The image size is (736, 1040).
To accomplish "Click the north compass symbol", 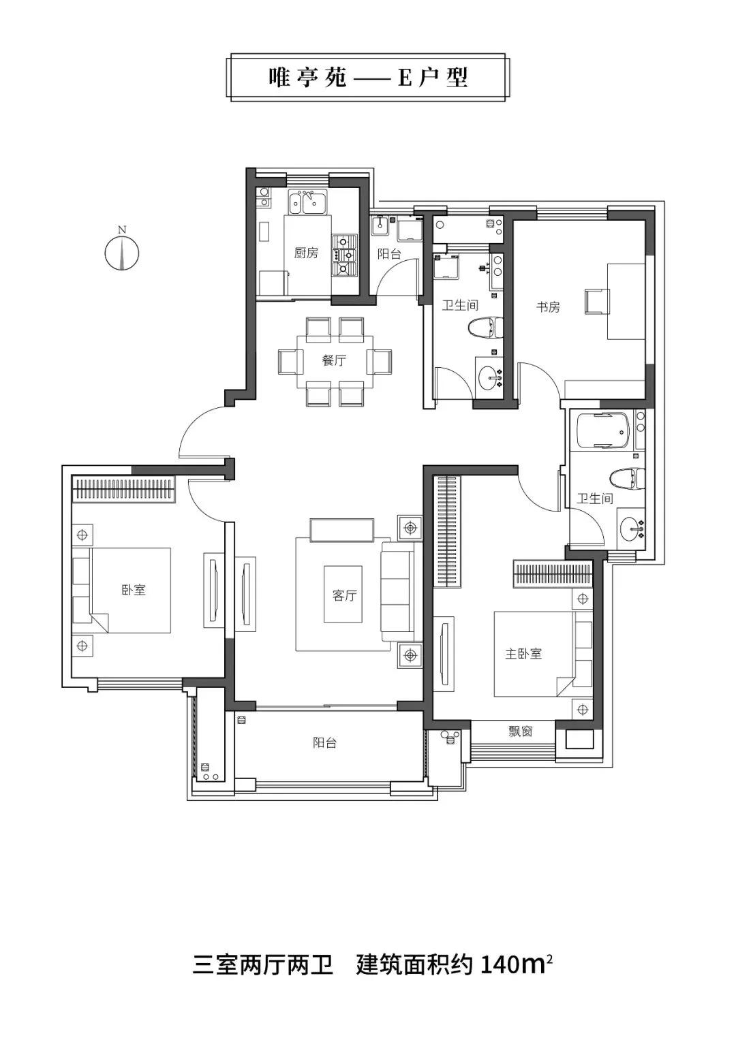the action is click(122, 251).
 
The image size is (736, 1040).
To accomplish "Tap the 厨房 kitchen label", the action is click(306, 253).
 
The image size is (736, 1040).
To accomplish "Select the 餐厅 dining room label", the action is click(334, 360).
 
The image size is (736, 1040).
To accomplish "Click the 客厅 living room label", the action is click(344, 595).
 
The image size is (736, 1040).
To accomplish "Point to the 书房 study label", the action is click(549, 307).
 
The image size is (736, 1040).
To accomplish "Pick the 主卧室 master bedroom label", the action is click(523, 654).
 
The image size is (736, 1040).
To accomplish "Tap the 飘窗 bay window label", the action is click(520, 731).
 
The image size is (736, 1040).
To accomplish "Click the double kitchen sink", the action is click(307, 202).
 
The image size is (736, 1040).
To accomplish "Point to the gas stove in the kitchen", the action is click(344, 255).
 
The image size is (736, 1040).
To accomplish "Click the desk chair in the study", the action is click(597, 300).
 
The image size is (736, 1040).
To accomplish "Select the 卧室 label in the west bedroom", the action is click(134, 590).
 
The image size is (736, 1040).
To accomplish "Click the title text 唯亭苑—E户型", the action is click(368, 78).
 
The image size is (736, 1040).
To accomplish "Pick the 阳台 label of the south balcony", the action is click(325, 743).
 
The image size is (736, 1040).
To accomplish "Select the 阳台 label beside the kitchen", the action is click(389, 254).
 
